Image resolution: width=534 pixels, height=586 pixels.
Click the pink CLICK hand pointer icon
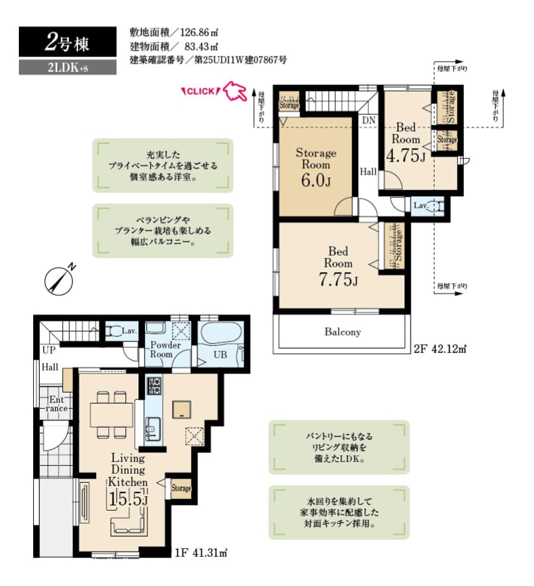(x=235, y=92)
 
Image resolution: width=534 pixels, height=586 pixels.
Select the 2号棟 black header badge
(x=68, y=42)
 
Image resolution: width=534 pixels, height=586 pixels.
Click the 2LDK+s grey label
(x=68, y=67)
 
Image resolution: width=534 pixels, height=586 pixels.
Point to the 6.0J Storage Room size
(x=316, y=180)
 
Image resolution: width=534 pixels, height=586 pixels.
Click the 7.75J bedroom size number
(x=338, y=279)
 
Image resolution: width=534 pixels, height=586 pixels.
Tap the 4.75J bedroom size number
(x=405, y=156)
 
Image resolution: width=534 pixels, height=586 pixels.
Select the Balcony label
(x=342, y=332)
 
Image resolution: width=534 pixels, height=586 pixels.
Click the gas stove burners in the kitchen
(x=155, y=385)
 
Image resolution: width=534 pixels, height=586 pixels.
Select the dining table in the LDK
(x=112, y=415)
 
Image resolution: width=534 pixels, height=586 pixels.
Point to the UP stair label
(x=49, y=350)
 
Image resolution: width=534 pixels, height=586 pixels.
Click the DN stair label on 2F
(x=368, y=120)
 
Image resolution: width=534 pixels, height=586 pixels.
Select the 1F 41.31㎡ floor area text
(x=201, y=552)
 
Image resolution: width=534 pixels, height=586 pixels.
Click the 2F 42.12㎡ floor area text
(x=440, y=349)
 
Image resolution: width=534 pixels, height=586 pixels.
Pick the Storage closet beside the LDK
(x=181, y=489)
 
